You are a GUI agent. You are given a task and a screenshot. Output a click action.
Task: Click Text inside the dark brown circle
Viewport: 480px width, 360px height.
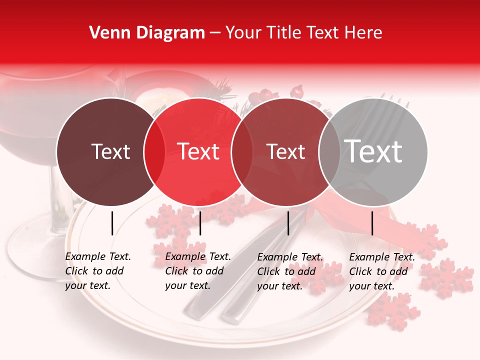point(110,151)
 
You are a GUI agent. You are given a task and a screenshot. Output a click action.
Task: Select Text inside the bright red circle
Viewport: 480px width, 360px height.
point(198,151)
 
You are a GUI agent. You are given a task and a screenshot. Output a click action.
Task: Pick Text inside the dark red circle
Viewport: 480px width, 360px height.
point(286,151)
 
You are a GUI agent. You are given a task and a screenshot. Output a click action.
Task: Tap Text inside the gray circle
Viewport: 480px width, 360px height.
point(373,151)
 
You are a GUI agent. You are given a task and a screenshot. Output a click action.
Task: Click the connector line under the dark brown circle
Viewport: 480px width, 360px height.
point(112,223)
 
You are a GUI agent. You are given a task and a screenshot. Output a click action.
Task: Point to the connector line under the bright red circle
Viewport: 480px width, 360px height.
point(200,223)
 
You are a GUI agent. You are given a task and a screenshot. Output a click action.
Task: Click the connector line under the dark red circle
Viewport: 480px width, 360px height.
point(288,223)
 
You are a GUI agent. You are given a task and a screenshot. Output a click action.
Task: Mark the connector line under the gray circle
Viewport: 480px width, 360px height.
point(372,223)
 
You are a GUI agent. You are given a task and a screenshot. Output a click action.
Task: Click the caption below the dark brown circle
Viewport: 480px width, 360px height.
point(98,271)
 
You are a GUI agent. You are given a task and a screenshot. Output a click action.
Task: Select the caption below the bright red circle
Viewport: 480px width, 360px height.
point(198,271)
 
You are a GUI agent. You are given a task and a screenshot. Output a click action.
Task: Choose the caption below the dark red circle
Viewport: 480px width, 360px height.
point(290,271)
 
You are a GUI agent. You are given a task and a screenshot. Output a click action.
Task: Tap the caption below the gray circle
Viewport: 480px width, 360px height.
point(382,271)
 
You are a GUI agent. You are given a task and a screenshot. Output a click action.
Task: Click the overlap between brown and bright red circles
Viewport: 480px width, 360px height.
point(154,151)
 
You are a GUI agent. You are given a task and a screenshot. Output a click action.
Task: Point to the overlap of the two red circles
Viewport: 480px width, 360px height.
point(242,151)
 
